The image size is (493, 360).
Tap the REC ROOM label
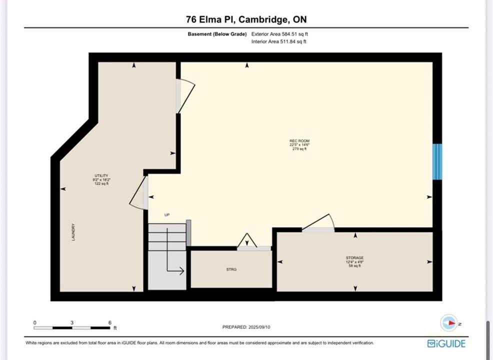tap(299, 141)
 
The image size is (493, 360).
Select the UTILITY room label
tap(101, 175)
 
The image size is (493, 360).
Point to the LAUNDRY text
tap(73, 232)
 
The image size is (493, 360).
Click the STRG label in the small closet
tap(231, 269)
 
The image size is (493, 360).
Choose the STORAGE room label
tap(354, 258)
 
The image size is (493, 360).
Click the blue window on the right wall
tap(437, 161)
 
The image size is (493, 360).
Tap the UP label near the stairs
tap(167, 215)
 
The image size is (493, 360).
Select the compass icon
tap(449, 323)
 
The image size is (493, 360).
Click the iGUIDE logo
tap(446, 343)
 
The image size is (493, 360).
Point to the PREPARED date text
tap(246, 327)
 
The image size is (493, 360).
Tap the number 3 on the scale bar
tap(72, 322)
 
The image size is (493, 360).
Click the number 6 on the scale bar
tap(109, 322)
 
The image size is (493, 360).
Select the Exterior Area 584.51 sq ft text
tap(279, 34)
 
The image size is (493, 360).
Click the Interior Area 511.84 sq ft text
tap(278, 41)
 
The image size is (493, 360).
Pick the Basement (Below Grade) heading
tap(217, 34)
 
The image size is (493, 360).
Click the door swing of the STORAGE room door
tap(317, 222)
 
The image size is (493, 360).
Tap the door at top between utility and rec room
tap(185, 95)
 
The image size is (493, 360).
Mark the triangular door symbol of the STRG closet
tap(247, 240)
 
